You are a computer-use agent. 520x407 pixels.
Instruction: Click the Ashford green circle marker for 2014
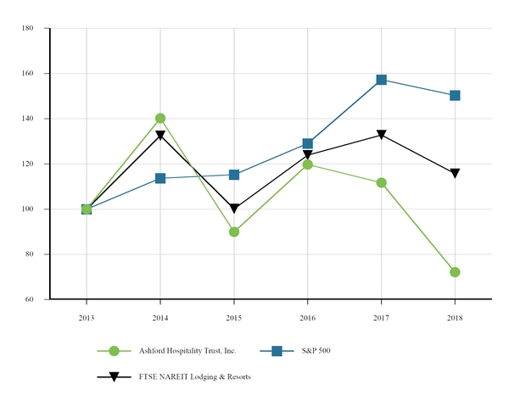pos(160,119)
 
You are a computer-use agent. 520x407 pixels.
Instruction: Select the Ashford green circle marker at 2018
pos(455,272)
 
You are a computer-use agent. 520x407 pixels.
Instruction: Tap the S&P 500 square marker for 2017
pos(382,80)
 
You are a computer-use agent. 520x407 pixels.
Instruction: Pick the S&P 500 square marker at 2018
pos(455,96)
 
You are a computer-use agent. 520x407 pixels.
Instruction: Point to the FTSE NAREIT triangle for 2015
pos(234,209)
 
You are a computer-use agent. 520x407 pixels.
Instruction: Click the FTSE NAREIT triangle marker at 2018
pos(455,174)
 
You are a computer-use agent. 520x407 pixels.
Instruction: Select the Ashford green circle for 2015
pos(234,231)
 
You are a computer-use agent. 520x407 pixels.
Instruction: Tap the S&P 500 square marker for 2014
pos(160,178)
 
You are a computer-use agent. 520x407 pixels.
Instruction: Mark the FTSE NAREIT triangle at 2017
pos(382,135)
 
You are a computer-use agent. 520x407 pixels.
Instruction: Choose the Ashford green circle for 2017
pos(382,182)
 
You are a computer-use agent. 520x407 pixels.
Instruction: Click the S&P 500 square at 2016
pos(308,144)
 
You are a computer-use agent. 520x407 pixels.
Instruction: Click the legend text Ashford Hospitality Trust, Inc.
pos(187,350)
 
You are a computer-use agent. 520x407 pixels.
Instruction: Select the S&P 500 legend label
pos(316,350)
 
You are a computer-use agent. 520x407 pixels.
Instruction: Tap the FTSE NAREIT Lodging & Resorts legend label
pos(194,377)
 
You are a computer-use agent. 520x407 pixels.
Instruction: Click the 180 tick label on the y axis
pos(27,28)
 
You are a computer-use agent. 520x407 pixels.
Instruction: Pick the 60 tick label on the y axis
pos(29,299)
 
